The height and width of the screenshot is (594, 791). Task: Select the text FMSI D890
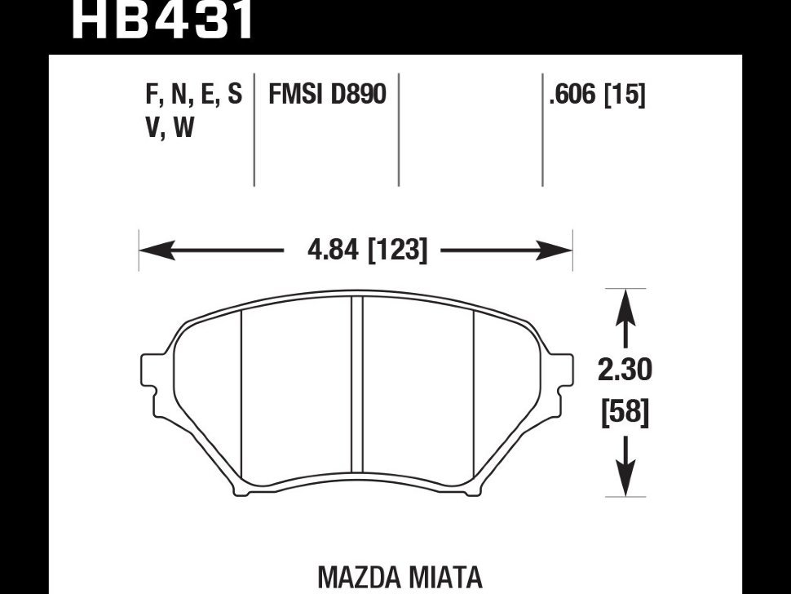(327, 95)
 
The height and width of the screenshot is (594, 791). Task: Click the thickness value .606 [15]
(597, 95)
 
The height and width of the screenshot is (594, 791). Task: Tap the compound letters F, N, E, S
(193, 95)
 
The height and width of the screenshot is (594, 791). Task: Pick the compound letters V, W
(170, 128)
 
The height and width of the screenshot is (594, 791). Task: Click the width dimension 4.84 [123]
(367, 250)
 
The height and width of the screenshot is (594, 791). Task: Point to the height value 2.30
(625, 371)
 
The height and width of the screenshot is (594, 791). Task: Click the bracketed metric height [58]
(625, 414)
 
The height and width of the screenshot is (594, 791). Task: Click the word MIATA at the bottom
(445, 578)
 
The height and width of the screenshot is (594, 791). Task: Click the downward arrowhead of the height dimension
(625, 483)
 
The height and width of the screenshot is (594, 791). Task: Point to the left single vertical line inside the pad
(241, 400)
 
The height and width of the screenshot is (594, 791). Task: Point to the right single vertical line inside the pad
(474, 400)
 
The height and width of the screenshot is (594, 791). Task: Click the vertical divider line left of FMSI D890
(254, 131)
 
